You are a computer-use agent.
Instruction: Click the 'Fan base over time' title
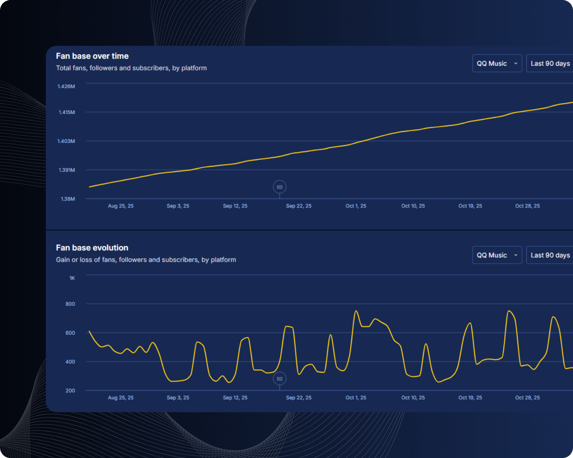[x=92, y=56]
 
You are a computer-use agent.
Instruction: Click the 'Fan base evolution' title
[x=92, y=248]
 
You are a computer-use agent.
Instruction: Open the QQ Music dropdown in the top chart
[x=497, y=64]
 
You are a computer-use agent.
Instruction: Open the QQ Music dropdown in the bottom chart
[x=497, y=255]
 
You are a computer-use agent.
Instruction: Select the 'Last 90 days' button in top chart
[x=550, y=64]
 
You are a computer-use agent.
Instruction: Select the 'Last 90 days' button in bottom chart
[x=550, y=255]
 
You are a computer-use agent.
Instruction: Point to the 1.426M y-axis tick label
[x=66, y=87]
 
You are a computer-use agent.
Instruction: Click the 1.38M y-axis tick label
[x=68, y=199]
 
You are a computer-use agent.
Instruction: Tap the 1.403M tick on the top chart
[x=66, y=141]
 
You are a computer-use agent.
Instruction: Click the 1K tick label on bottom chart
[x=72, y=278]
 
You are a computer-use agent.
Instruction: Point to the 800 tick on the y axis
[x=70, y=304]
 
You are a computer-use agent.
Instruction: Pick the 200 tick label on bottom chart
[x=70, y=391]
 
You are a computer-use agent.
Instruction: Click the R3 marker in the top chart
[x=279, y=187]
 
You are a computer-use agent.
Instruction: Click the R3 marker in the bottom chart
[x=279, y=379]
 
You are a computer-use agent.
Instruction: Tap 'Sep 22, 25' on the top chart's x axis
[x=298, y=206]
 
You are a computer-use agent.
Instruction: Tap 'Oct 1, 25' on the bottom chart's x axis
[x=356, y=398]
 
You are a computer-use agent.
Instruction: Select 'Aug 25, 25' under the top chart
[x=121, y=206]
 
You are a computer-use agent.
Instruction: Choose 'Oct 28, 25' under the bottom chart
[x=527, y=398]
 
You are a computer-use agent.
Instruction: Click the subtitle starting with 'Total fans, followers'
[x=131, y=68]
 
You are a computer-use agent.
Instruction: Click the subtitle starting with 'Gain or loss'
[x=146, y=260]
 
